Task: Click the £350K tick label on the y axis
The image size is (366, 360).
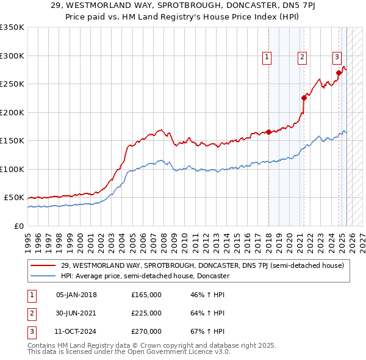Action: [x=12, y=27]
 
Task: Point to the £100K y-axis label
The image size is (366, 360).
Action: [x=12, y=169]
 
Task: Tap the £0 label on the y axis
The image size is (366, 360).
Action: [x=19, y=226]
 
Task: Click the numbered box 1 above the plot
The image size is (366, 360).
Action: [x=267, y=57]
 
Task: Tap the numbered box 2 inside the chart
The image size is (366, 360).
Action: [x=302, y=57]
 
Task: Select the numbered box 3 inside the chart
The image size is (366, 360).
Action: [x=337, y=57]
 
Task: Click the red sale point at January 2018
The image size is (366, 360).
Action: [x=269, y=132]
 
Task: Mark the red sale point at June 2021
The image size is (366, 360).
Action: [x=304, y=98]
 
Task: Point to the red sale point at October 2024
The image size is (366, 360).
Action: [x=339, y=73]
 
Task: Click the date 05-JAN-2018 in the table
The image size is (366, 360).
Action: [x=76, y=295]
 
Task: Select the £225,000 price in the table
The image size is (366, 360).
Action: [x=146, y=313]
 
